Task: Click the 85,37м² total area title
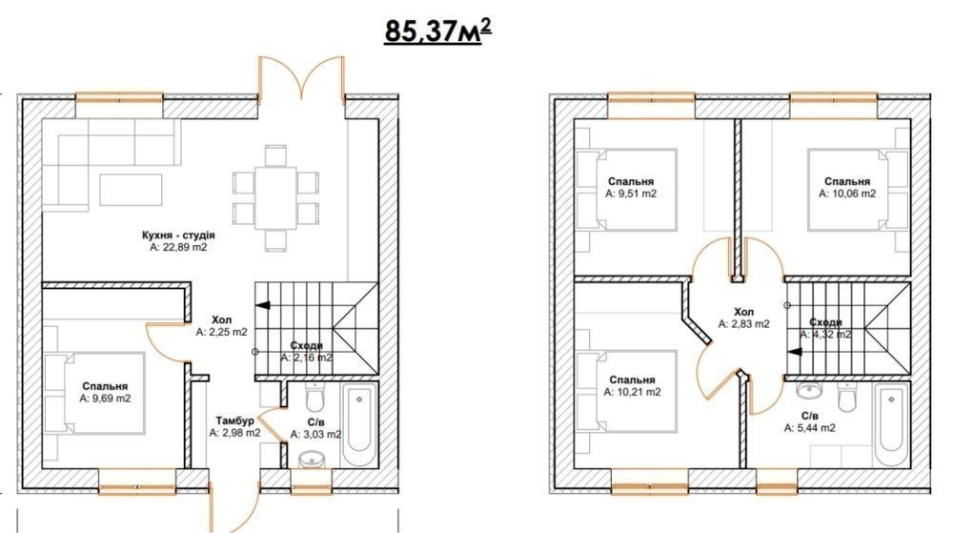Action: [437, 31]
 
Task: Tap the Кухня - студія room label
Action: [178, 236]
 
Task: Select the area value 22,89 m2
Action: [178, 247]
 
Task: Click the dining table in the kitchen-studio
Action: [275, 197]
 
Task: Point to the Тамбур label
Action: [235, 420]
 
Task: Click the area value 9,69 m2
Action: [105, 399]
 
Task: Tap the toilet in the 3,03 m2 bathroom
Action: [314, 398]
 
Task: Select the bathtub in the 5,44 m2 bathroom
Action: [892, 424]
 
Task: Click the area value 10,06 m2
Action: [847, 194]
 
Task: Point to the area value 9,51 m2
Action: [631, 194]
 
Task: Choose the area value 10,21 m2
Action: [632, 393]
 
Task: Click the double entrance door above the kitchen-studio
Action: [302, 78]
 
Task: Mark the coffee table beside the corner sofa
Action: [132, 190]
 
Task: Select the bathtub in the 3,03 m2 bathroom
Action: [360, 425]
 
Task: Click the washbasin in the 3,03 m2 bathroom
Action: [313, 460]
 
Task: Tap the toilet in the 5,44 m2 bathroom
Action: [846, 397]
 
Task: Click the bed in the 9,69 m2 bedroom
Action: [94, 393]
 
